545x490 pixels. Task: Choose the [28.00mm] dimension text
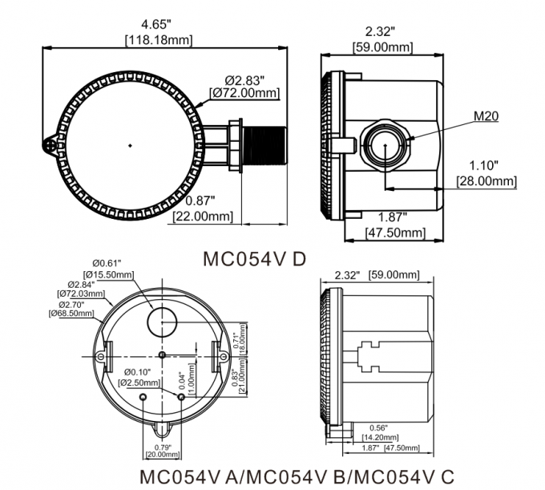click(x=486, y=181)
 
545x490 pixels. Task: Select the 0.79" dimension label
click(x=163, y=445)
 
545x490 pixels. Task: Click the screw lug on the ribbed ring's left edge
click(x=50, y=145)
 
